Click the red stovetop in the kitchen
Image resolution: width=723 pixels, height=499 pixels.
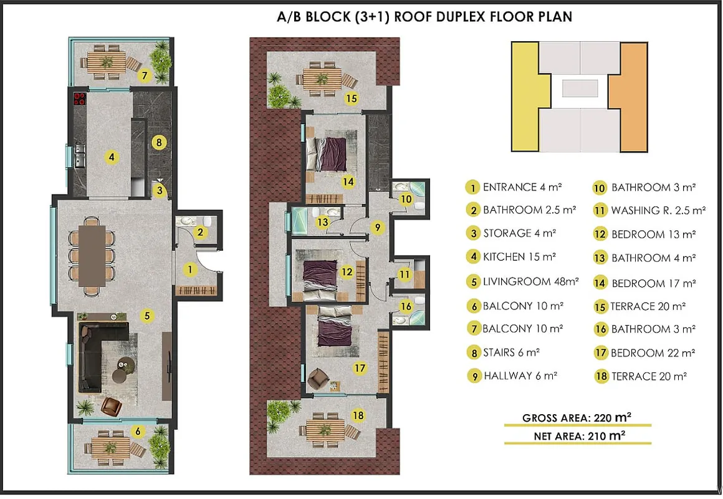tap(80, 99)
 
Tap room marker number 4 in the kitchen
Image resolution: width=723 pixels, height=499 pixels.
tap(111, 157)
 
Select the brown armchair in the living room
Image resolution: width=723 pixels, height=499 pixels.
tap(111, 406)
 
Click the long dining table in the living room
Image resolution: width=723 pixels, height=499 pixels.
tap(92, 256)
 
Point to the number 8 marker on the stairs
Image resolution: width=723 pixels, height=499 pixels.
tap(159, 142)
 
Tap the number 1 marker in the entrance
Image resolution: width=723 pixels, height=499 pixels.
tap(189, 269)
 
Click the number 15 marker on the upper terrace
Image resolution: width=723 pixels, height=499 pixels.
tap(352, 98)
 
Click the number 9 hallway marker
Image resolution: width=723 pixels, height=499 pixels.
tap(378, 227)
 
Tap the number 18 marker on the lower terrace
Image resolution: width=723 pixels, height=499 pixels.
tap(358, 415)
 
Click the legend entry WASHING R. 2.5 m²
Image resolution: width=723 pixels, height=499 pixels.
tap(649, 210)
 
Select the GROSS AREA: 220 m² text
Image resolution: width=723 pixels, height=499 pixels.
tap(577, 418)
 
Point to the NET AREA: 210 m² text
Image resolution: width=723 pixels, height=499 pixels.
tap(580, 436)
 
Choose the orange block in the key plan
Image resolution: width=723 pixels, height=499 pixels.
tap(630, 97)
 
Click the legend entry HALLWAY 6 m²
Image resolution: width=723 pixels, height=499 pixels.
tap(512, 376)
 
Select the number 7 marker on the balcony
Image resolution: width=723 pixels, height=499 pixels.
tap(145, 75)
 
